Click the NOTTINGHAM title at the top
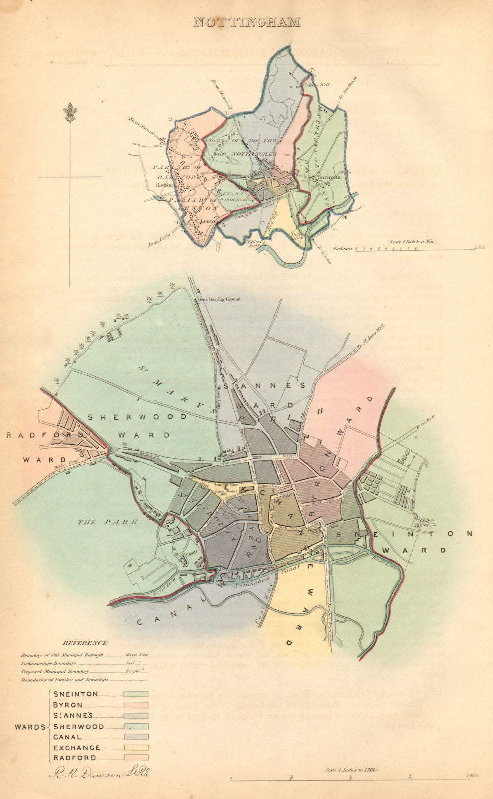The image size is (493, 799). coord(246,22)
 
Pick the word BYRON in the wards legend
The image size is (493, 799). coord(68,705)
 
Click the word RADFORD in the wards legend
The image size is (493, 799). coord(75,758)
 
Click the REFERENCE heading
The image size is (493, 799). coord(85,643)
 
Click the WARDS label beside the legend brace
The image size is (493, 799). coord(30,727)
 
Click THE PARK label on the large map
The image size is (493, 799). coord(100,522)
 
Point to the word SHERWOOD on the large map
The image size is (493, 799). coord(138,416)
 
